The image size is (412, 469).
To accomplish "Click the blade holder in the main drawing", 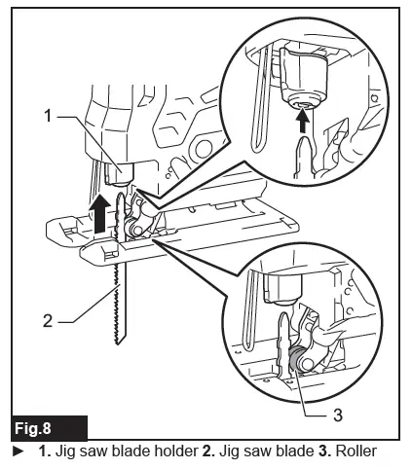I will [x=115, y=172].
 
